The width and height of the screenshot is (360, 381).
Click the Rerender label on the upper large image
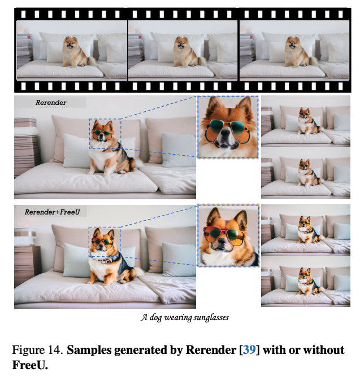[x=51, y=103]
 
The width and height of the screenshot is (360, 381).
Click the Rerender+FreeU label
[x=53, y=212]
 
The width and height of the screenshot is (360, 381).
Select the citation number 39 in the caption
[x=249, y=350]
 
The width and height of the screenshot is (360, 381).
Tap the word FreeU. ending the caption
[x=30, y=365]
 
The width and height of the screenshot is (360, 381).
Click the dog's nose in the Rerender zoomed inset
[x=225, y=133]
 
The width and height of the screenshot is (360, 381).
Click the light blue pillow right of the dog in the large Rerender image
[x=179, y=150]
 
